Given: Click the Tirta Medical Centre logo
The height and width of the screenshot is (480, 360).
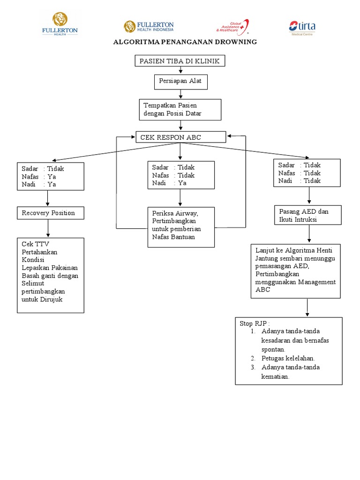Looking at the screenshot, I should (x=301, y=28).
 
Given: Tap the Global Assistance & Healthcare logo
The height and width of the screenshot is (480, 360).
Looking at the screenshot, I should (x=232, y=27).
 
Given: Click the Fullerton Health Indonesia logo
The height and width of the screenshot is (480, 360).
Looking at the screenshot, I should (x=149, y=27).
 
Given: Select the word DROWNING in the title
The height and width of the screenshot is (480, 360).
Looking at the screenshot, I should (x=237, y=42).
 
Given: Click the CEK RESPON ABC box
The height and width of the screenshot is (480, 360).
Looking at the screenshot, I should (x=180, y=137).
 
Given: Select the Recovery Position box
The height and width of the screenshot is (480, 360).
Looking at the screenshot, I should (x=51, y=213).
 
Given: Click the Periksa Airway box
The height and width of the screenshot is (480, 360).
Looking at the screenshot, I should (x=180, y=227).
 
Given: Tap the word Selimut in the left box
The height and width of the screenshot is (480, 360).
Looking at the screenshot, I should (x=32, y=283).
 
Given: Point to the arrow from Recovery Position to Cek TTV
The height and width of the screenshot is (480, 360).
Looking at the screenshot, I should (x=48, y=229).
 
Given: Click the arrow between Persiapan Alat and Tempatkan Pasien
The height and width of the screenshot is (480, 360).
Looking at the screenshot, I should (x=180, y=94).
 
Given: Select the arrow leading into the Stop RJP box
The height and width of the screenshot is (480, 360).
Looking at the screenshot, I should (x=307, y=307).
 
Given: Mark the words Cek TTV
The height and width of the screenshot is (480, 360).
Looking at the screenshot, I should (x=35, y=244).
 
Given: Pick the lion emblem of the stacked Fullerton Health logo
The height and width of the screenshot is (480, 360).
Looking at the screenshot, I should (x=60, y=19).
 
